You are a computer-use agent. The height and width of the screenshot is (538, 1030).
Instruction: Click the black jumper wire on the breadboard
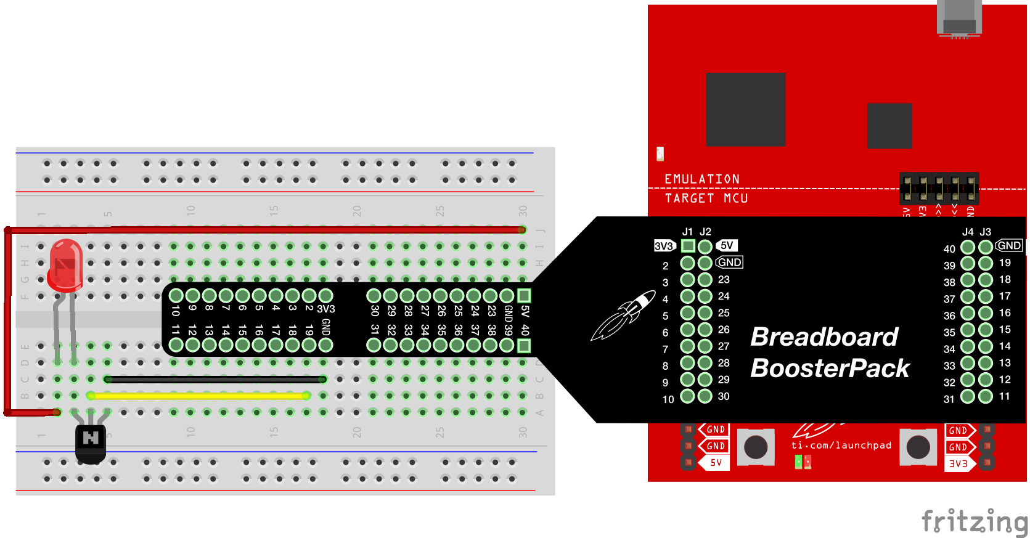[x=215, y=379]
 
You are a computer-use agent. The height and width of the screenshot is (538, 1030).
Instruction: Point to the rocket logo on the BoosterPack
[x=623, y=315]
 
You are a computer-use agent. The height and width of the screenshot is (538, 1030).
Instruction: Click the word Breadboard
[x=824, y=337]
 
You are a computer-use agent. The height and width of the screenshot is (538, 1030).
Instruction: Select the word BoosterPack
[x=830, y=369]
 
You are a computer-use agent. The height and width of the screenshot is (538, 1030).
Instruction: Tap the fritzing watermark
[x=974, y=521]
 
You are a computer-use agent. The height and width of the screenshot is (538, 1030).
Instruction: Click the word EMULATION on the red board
[x=701, y=179]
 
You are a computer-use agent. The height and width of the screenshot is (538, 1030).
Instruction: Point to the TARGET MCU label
[x=706, y=198]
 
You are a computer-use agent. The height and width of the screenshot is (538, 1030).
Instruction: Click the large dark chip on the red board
[x=745, y=109]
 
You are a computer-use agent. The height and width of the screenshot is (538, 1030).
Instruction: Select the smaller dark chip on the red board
[x=889, y=126]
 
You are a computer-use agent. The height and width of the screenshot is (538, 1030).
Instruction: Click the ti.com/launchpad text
[x=841, y=445]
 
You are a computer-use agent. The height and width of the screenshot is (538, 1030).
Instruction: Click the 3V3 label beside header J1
[x=664, y=246]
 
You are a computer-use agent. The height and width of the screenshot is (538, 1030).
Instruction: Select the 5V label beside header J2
[x=727, y=245]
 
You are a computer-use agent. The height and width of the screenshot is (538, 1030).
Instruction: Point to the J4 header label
[x=968, y=232]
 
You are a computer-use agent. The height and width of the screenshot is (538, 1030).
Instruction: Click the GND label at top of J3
[x=1008, y=245]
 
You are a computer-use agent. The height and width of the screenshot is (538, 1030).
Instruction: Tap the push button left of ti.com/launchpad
[x=756, y=447]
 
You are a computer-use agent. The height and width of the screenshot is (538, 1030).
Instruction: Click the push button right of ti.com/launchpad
[x=918, y=447]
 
